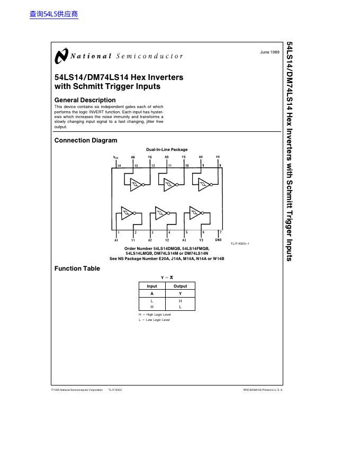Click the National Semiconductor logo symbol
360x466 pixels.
(x=61, y=56)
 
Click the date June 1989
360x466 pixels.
(x=270, y=52)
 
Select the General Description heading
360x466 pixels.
(x=85, y=100)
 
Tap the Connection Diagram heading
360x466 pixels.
(x=86, y=140)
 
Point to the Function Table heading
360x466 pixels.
(x=77, y=268)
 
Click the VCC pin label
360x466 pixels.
(x=116, y=157)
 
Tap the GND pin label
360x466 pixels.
(x=218, y=240)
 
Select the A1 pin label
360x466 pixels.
(x=116, y=240)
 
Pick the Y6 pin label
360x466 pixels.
(x=150, y=157)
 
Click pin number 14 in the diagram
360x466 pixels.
(x=119, y=166)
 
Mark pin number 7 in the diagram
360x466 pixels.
(x=220, y=232)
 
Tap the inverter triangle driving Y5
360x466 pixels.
(x=170, y=185)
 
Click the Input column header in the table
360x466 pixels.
(x=152, y=286)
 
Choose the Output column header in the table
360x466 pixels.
(x=180, y=286)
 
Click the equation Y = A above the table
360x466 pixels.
(x=167, y=277)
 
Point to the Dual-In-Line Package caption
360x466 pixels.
(x=167, y=149)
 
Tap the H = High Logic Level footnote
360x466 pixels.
(x=155, y=315)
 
